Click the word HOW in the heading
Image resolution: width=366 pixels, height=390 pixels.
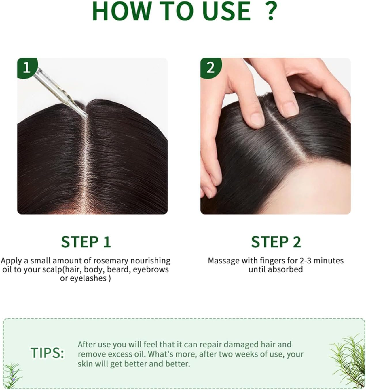[121, 11]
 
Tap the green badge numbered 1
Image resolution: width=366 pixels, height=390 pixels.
[27, 68]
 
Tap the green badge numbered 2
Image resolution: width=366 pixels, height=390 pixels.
[211, 68]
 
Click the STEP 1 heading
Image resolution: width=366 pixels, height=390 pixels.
[86, 242]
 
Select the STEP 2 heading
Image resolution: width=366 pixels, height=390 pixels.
[276, 242]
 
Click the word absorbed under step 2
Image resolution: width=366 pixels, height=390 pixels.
[285, 269]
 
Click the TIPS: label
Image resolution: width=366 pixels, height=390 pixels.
[47, 353]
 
